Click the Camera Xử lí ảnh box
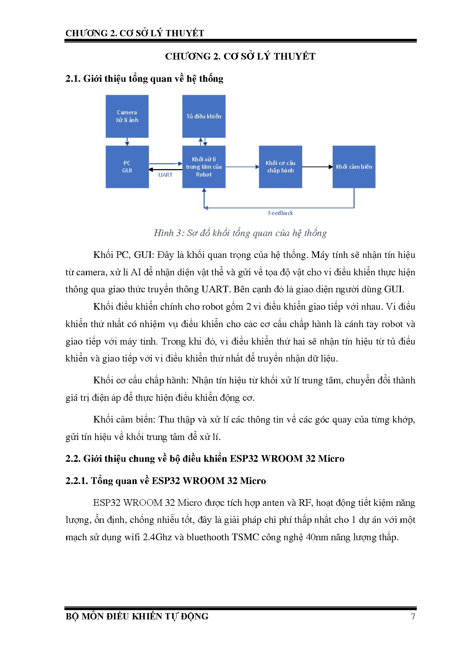[127, 116]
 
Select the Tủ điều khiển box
[204, 116]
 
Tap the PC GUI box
[127, 167]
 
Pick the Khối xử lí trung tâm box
[204, 167]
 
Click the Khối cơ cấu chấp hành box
[280, 167]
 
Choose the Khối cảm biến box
[354, 167]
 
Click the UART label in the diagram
[165, 175]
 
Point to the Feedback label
[280, 213]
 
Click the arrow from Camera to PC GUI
[127, 142]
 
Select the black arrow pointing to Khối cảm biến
[317, 167]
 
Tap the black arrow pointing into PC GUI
[163, 169]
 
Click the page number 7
[413, 616]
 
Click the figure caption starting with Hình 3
[240, 233]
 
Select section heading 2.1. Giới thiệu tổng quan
[144, 79]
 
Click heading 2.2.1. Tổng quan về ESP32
[165, 481]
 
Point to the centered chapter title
[240, 57]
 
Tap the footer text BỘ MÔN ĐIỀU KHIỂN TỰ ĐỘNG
[137, 616]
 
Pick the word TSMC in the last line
[245, 537]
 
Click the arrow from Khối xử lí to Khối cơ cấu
[242, 167]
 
